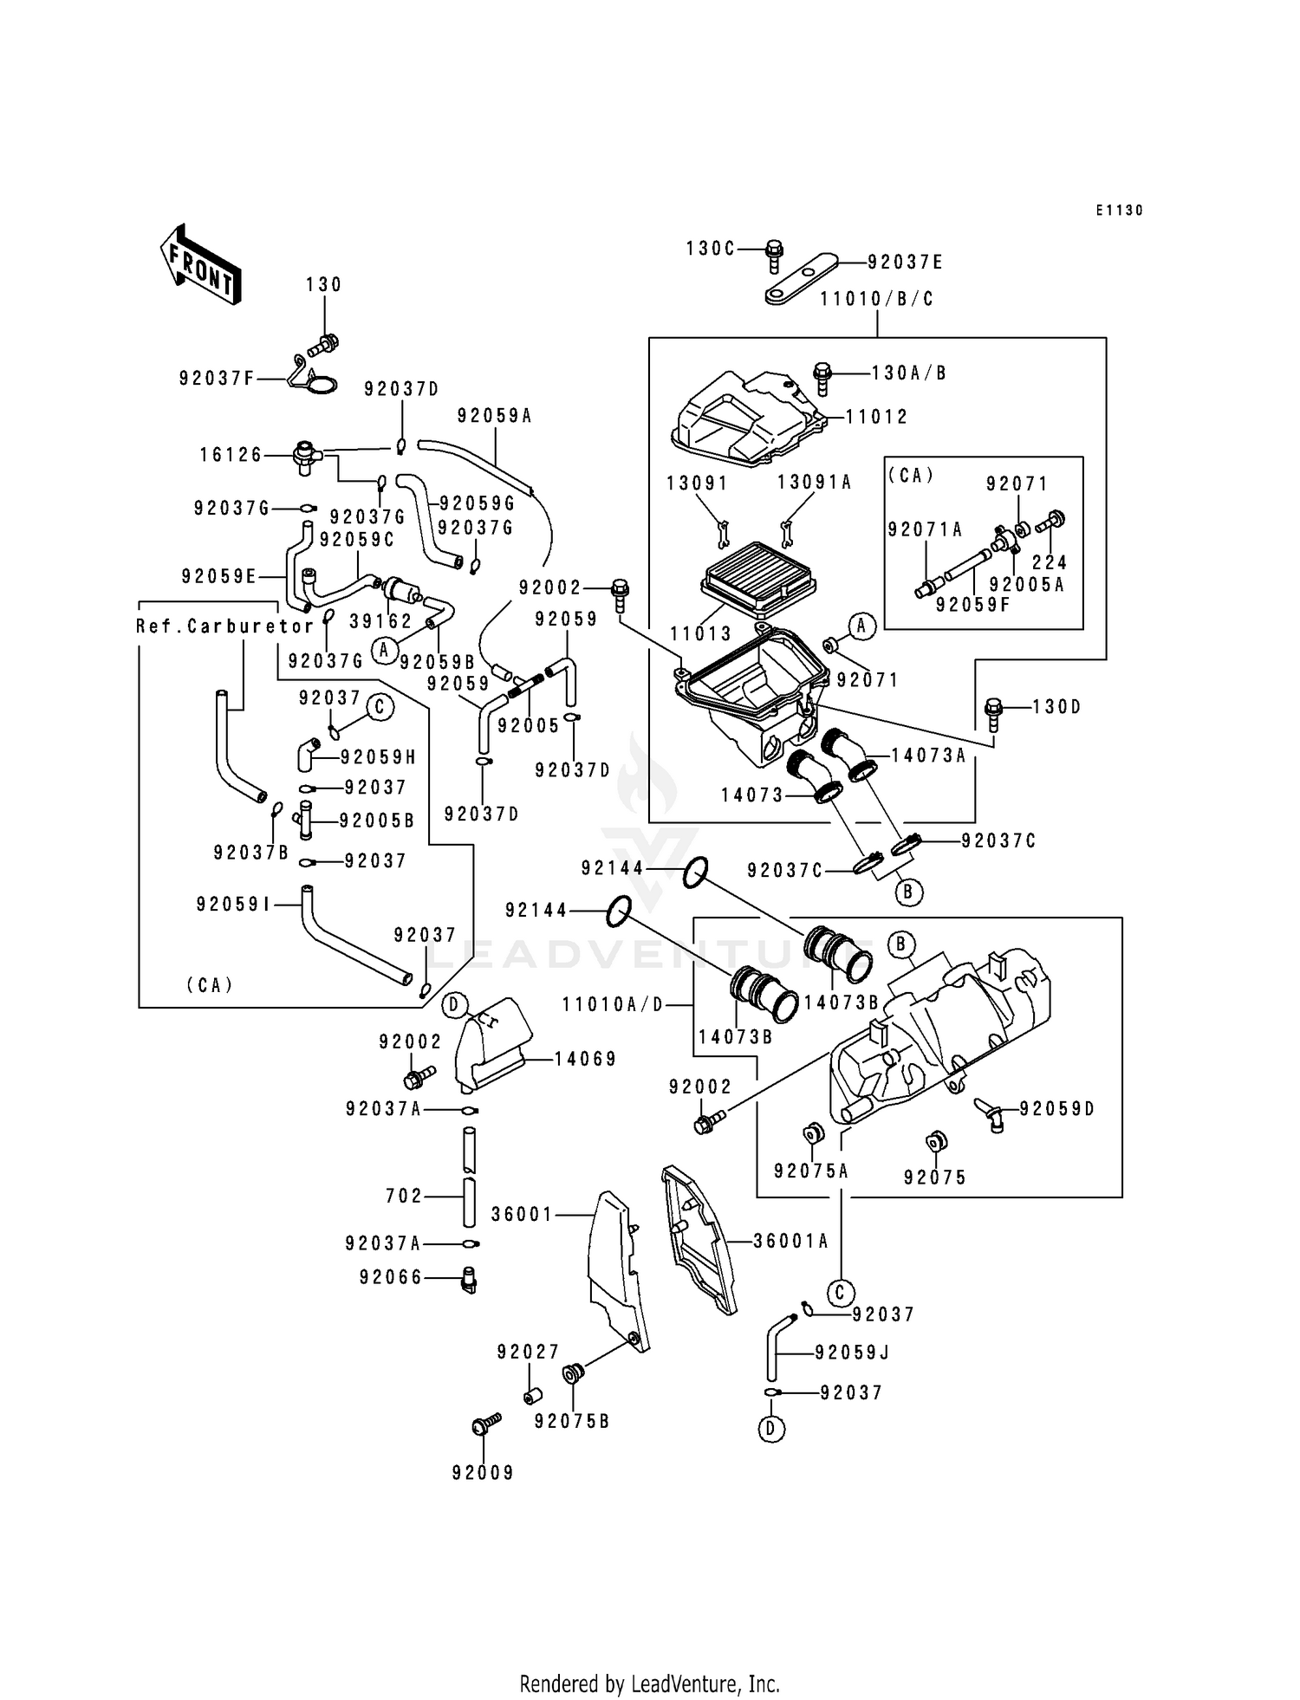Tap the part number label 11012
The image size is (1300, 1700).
(876, 417)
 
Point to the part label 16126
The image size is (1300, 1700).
(231, 454)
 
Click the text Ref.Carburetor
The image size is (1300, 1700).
(225, 626)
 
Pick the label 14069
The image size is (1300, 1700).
(585, 1059)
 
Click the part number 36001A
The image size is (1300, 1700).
(790, 1242)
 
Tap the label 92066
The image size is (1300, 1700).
(391, 1277)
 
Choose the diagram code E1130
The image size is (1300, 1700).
(1119, 211)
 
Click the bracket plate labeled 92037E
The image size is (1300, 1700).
(801, 278)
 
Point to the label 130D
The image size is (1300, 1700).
(1056, 707)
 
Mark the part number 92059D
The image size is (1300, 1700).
(1056, 1109)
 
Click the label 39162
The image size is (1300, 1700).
(380, 621)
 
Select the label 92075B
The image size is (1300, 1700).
(572, 1421)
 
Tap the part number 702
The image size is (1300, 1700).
(404, 1196)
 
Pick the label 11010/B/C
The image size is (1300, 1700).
(877, 299)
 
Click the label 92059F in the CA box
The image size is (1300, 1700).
(972, 605)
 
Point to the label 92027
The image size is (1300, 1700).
(528, 1352)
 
